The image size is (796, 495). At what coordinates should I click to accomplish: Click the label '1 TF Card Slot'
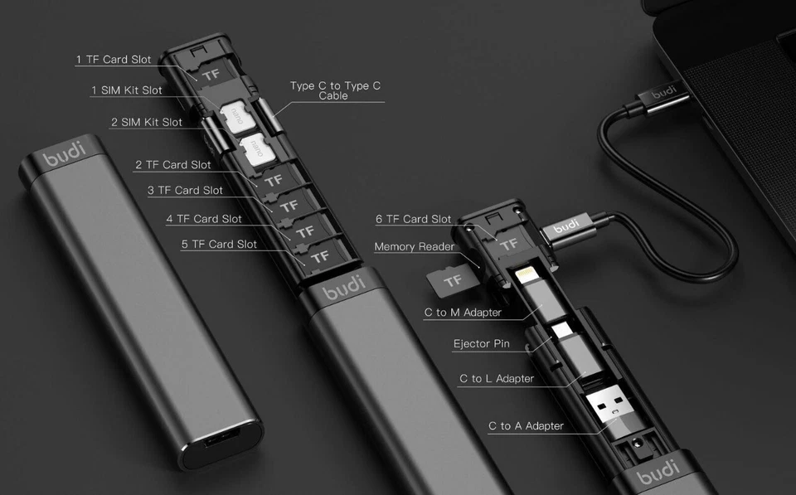pyautogui.click(x=114, y=60)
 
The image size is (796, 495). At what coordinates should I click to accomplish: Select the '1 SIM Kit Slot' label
pyautogui.click(x=127, y=90)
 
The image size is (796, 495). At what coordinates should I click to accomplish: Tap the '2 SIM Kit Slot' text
pyautogui.click(x=147, y=122)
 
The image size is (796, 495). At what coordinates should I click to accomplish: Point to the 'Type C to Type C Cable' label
pyautogui.click(x=335, y=90)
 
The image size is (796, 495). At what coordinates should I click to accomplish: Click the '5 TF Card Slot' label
pyautogui.click(x=219, y=244)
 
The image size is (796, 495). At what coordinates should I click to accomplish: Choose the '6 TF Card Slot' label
pyautogui.click(x=413, y=219)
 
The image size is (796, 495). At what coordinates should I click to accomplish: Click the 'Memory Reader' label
pyautogui.click(x=414, y=246)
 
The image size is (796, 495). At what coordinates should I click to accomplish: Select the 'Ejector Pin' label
pyautogui.click(x=481, y=343)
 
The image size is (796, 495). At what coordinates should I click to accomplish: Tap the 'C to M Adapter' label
pyautogui.click(x=463, y=313)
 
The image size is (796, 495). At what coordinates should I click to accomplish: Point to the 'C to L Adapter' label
pyautogui.click(x=497, y=378)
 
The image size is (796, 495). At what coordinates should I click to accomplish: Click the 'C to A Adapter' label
pyautogui.click(x=526, y=425)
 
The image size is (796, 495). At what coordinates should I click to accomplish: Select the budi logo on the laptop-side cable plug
pyautogui.click(x=663, y=93)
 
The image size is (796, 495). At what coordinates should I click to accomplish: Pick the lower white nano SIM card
pyautogui.click(x=259, y=150)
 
